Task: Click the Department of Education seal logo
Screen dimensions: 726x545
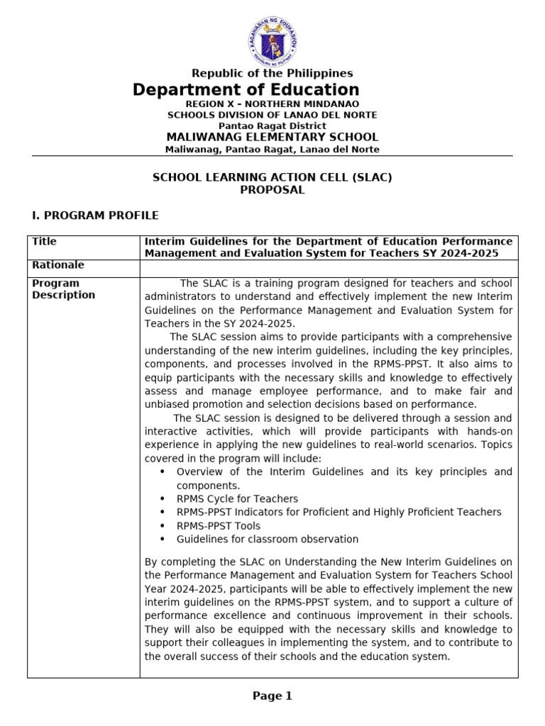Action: point(272,40)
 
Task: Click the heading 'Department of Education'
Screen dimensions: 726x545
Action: point(246,90)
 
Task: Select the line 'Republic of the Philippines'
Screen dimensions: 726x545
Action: point(272,74)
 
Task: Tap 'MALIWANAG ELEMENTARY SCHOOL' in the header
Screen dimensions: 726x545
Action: point(272,138)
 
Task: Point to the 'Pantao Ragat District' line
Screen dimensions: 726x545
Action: point(272,125)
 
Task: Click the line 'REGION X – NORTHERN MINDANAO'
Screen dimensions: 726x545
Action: point(272,104)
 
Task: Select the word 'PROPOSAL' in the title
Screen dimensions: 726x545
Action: point(272,190)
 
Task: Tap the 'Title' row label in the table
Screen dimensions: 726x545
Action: point(44,242)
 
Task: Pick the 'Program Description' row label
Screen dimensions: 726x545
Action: point(63,289)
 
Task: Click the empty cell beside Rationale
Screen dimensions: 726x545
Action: point(329,268)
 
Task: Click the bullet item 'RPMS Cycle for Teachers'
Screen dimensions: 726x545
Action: point(237,499)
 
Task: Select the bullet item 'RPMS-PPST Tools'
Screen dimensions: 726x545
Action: point(218,526)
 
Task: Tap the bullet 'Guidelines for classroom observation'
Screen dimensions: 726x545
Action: point(267,540)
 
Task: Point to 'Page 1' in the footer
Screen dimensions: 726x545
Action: point(272,696)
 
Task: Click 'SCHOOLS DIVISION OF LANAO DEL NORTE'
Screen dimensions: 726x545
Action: point(272,115)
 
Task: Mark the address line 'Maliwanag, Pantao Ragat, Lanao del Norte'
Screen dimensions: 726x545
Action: point(272,150)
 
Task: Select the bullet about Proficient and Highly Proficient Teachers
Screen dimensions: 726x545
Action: point(338,513)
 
